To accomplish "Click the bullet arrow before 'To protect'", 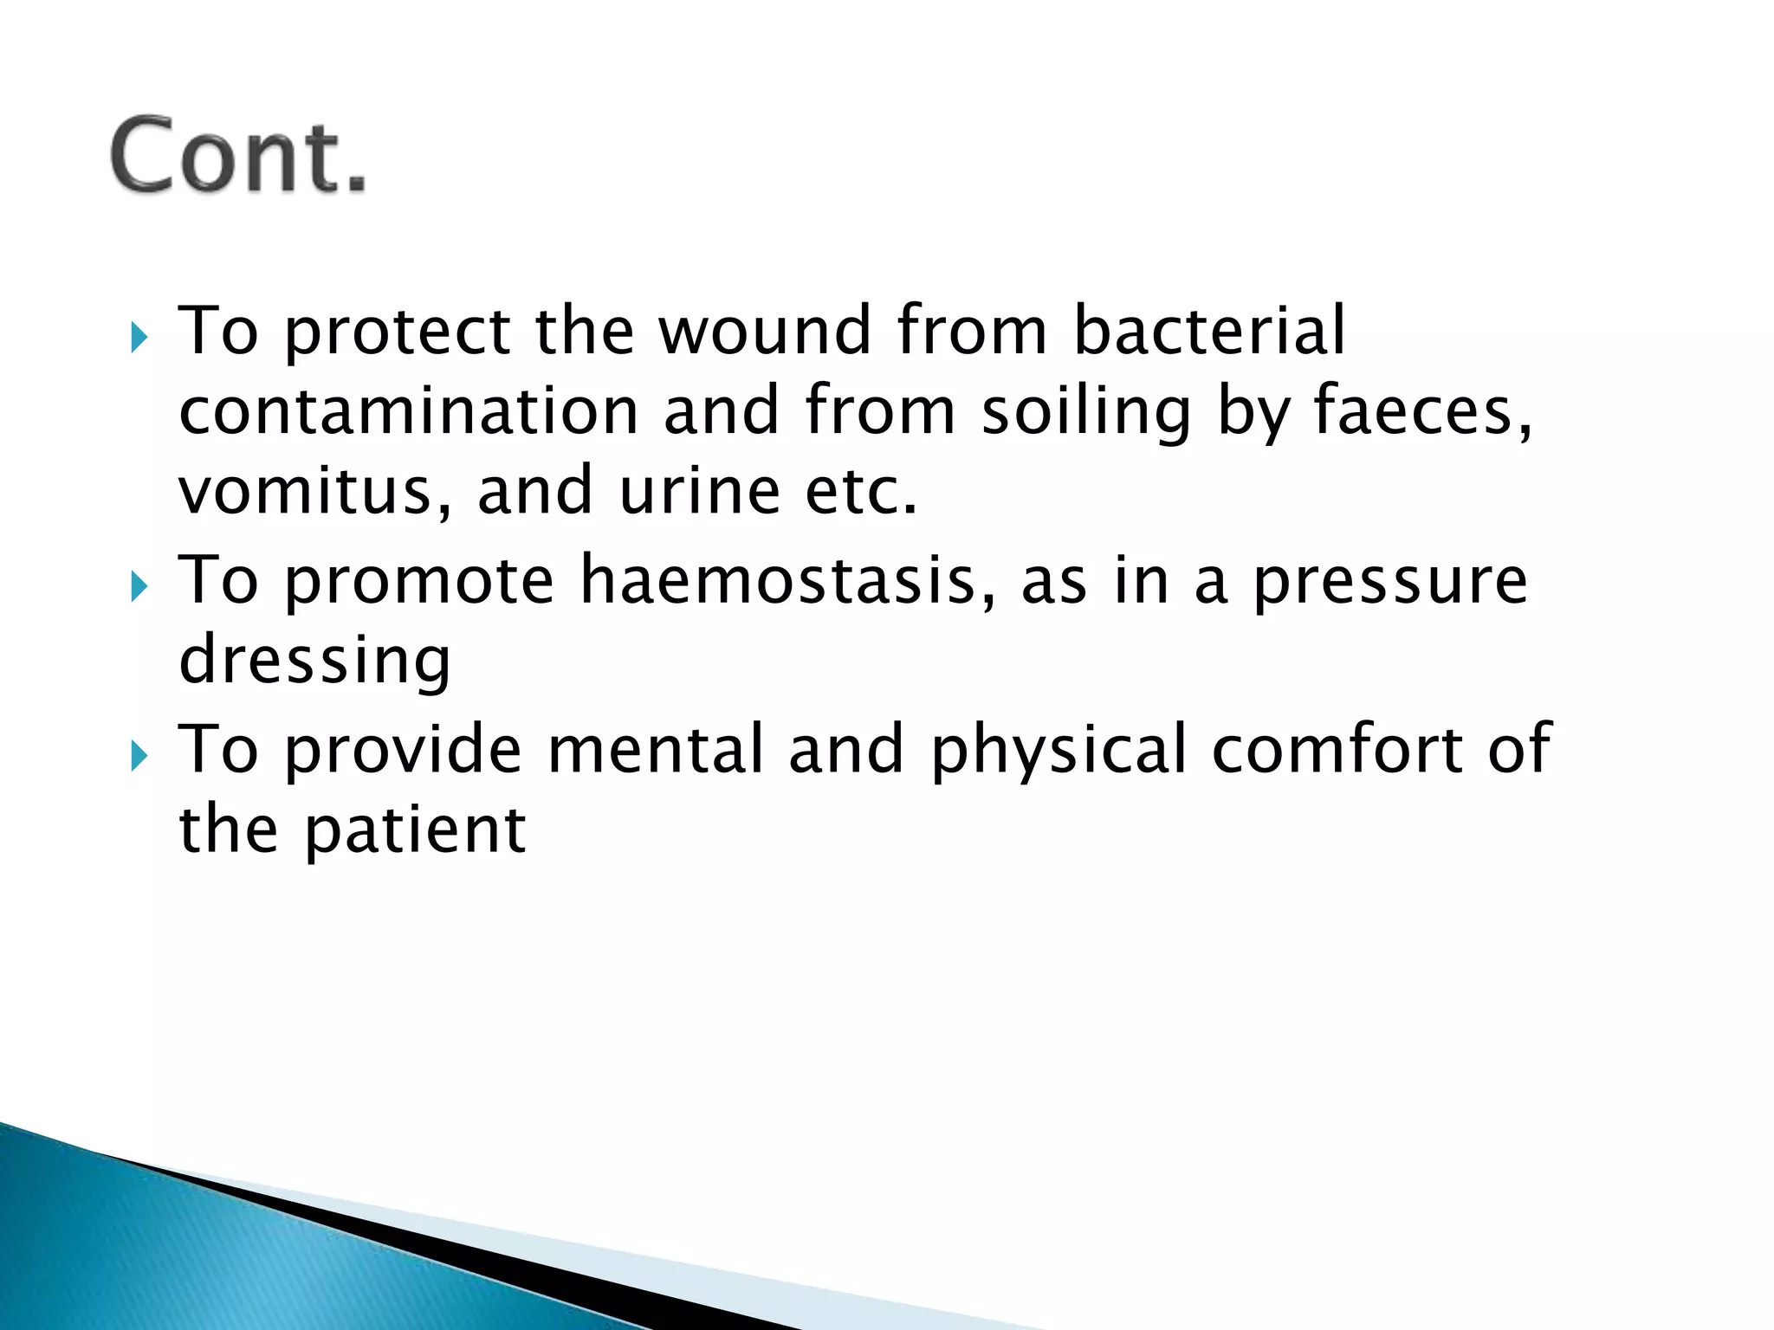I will click(x=139, y=337).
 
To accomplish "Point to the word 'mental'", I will click(x=656, y=749).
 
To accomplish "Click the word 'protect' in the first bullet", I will click(x=398, y=332).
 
